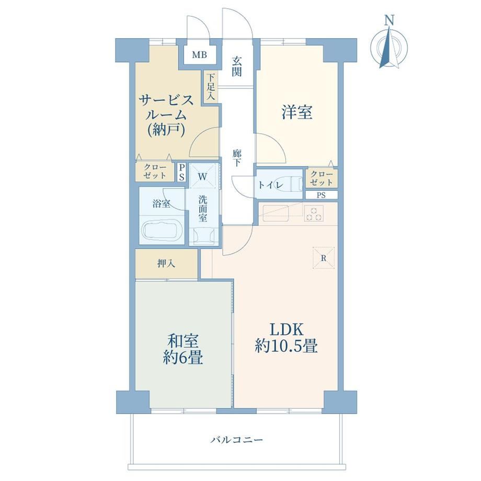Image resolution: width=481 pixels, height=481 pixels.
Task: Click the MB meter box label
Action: point(199,55)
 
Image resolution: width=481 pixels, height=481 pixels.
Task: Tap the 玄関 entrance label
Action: point(236,67)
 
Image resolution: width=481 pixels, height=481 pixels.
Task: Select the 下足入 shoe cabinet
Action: point(210,87)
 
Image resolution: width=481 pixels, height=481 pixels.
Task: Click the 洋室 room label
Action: point(297,112)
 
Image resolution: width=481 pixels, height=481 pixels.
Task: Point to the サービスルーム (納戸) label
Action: point(166,115)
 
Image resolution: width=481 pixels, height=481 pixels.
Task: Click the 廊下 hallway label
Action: point(236,158)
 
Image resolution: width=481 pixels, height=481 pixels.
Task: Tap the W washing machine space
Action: point(202,176)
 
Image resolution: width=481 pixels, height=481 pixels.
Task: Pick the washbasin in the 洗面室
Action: point(203,236)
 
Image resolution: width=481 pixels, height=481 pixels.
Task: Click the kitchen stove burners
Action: point(314,213)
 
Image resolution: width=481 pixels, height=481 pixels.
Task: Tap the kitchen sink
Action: point(276,213)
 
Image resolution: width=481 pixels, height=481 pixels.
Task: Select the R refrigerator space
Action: point(323,258)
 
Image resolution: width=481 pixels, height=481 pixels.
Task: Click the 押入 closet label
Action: point(166,264)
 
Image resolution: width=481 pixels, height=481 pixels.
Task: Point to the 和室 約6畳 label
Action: point(182,349)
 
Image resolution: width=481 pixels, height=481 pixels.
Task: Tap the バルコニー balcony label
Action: point(236,440)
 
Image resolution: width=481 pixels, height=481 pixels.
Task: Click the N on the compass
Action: point(390,20)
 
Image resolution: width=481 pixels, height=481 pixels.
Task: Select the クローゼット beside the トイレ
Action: point(322,178)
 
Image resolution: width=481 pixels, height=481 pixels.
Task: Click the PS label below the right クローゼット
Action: point(321,195)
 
